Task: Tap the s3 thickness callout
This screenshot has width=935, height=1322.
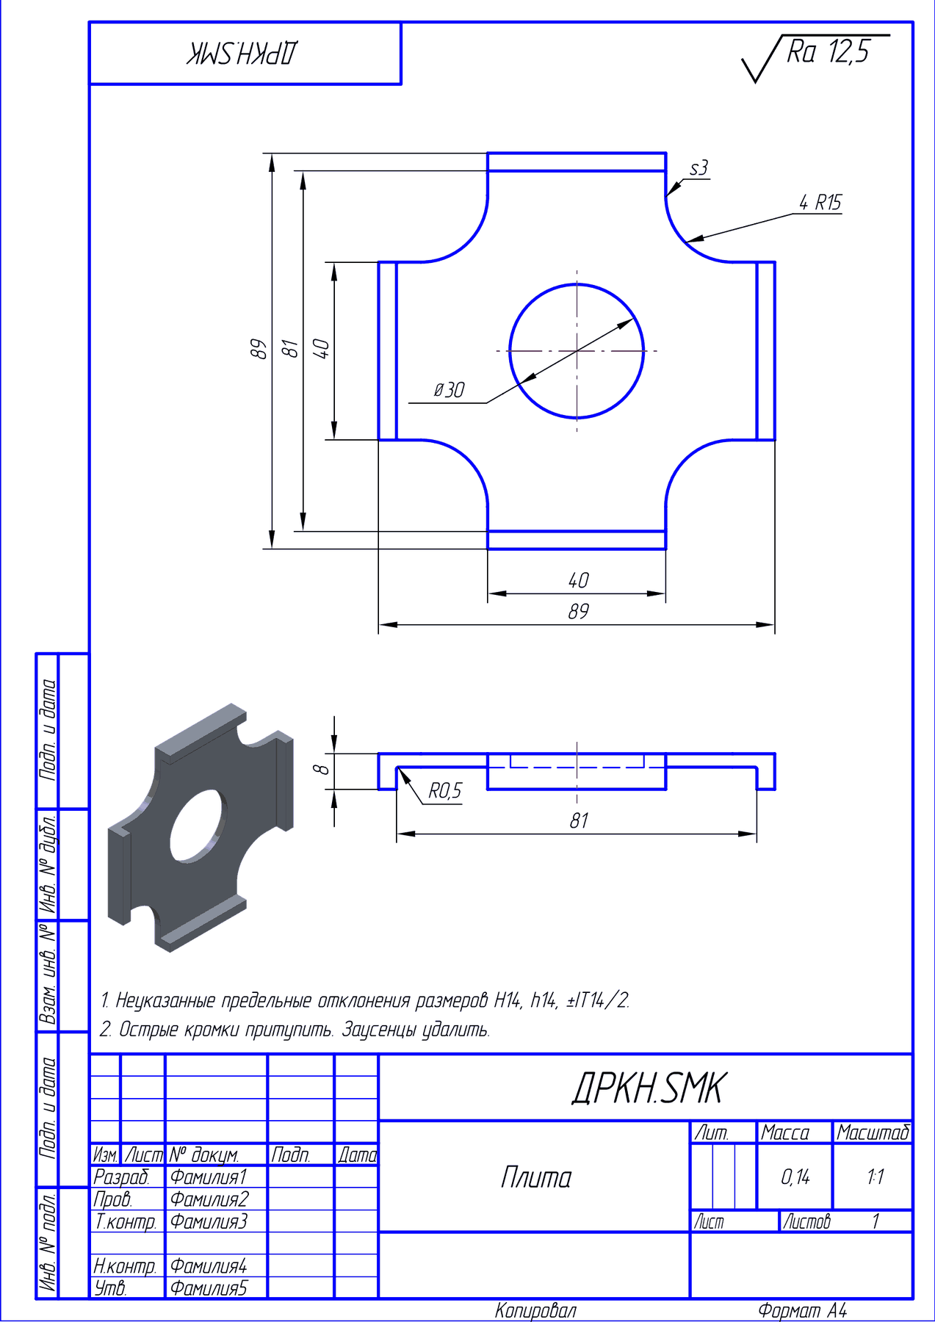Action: [698, 168]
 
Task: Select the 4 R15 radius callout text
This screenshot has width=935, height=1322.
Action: [820, 202]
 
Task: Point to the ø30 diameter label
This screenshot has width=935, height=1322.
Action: [449, 390]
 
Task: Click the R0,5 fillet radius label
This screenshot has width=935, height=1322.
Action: [445, 790]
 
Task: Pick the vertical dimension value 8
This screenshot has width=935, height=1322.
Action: [321, 769]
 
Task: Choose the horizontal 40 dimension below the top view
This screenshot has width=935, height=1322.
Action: [578, 580]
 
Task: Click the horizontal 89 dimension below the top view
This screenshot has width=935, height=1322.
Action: [578, 611]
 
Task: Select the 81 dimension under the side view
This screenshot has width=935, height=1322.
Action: [579, 820]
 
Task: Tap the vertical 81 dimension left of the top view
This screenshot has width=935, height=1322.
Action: [291, 348]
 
